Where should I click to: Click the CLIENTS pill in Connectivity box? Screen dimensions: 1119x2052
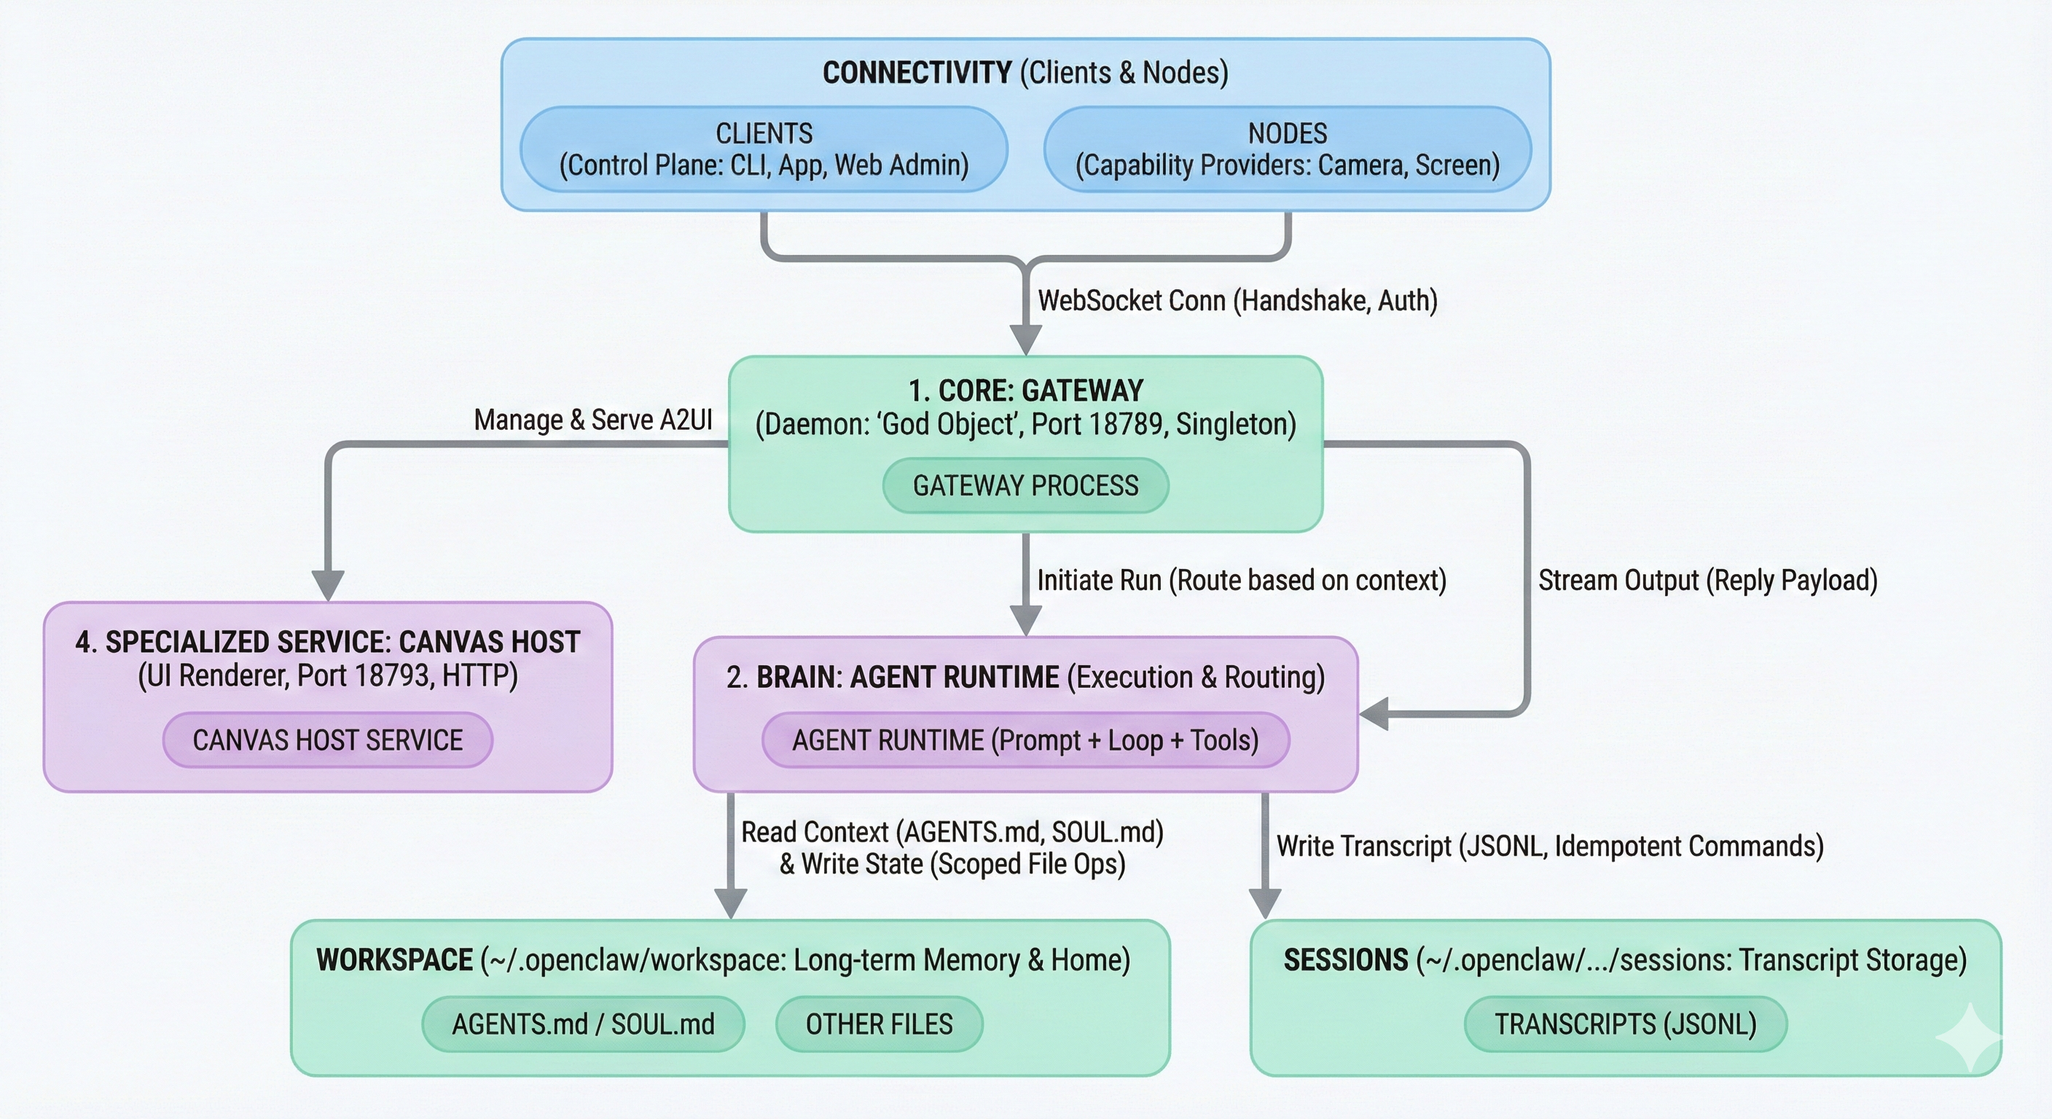click(x=764, y=149)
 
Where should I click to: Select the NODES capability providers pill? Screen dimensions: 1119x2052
click(x=1288, y=149)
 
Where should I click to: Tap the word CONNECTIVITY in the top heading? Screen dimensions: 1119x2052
click(x=917, y=72)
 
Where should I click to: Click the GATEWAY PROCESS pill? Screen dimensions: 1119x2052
click(x=1025, y=485)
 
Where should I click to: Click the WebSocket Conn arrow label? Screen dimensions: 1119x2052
click(x=1237, y=301)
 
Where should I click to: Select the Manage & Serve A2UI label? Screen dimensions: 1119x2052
click(x=592, y=420)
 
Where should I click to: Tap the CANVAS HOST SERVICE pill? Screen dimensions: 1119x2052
click(x=327, y=740)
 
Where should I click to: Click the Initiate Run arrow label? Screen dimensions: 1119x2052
click(x=1241, y=580)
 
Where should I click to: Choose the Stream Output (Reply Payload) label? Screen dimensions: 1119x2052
click(x=1707, y=580)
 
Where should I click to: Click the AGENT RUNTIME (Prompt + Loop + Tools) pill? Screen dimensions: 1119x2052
click(x=1025, y=740)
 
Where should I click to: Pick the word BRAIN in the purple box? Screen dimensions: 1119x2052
click(x=798, y=677)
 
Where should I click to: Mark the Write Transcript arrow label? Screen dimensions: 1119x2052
click(x=1549, y=846)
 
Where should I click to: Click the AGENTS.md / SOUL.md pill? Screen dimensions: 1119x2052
click(x=583, y=1024)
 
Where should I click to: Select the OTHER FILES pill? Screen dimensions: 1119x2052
click(x=879, y=1024)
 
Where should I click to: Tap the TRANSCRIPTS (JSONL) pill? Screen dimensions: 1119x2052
click(x=1625, y=1024)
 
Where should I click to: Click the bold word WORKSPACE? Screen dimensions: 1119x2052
click(x=395, y=959)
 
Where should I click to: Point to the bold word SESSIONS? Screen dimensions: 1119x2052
click(x=1345, y=959)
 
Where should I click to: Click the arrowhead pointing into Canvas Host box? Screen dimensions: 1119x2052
click(x=327, y=586)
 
